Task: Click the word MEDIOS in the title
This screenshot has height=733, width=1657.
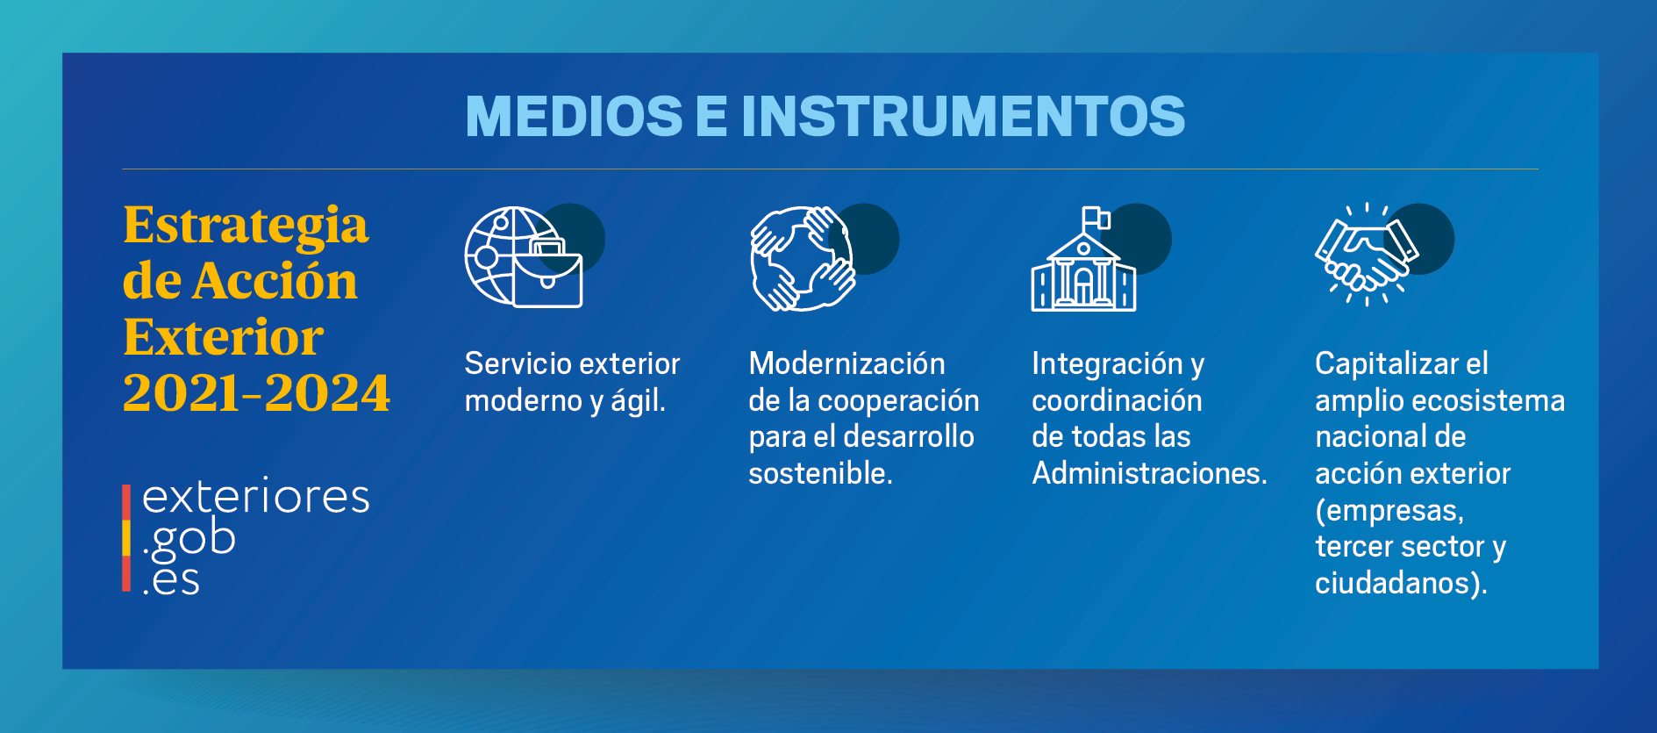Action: [x=574, y=117]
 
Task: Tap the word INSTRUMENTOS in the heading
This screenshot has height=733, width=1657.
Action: [x=963, y=117]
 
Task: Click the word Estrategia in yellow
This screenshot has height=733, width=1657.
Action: [x=246, y=226]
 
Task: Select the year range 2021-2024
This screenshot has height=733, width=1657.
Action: [x=256, y=392]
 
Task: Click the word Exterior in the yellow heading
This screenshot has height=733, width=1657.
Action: [x=224, y=337]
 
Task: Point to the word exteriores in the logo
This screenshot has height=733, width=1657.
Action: [x=255, y=497]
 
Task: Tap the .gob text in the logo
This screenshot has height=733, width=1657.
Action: [x=189, y=539]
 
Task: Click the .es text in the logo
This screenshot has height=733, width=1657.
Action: [x=172, y=580]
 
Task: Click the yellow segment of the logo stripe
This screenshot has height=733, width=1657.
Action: [x=126, y=537]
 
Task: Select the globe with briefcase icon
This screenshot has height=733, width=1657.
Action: [x=523, y=257]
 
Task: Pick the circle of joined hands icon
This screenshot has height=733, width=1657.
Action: [x=802, y=258]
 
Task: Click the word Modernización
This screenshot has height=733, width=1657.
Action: [x=846, y=363]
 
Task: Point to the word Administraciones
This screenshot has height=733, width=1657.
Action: [x=1148, y=474]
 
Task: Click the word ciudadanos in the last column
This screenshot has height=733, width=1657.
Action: [x=1396, y=583]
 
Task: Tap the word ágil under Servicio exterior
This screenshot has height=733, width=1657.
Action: [x=637, y=401]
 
